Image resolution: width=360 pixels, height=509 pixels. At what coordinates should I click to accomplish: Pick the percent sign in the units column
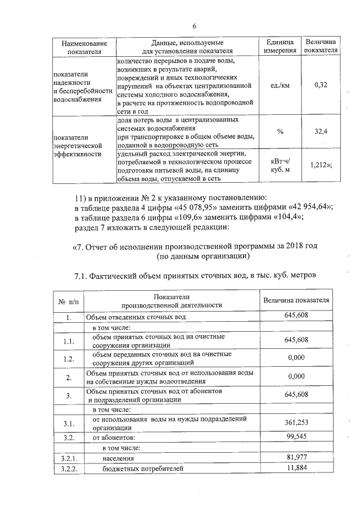tap(280, 131)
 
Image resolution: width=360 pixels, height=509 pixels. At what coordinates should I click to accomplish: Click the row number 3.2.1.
tap(68, 458)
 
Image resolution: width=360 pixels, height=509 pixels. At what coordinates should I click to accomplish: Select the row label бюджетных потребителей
tap(143, 469)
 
